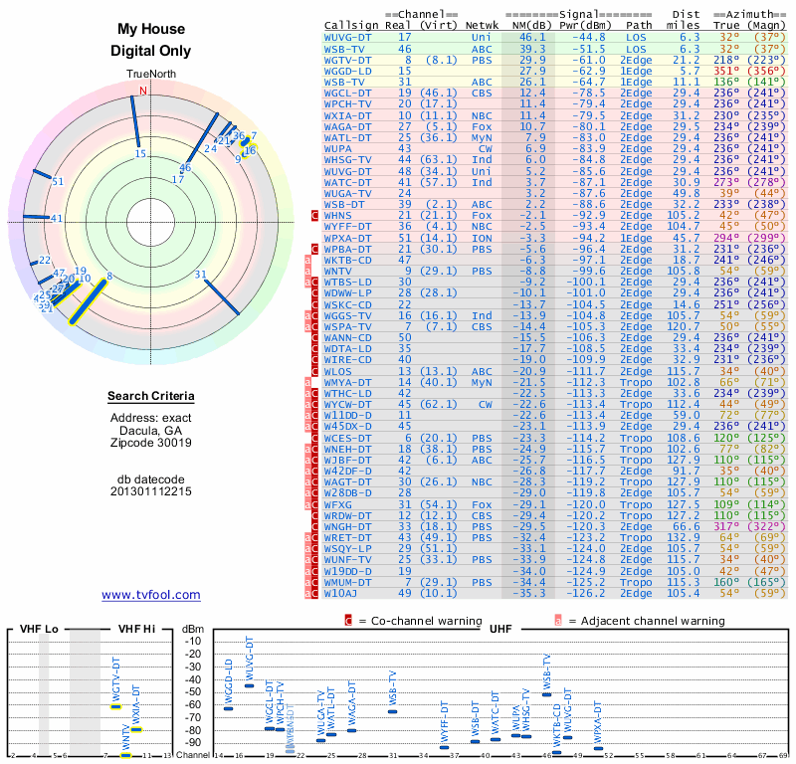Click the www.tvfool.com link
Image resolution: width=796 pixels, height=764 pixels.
150,595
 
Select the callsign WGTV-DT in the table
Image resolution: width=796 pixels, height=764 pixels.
348,60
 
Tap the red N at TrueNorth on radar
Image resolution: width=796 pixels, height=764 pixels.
144,92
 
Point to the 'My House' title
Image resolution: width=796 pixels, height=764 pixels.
150,30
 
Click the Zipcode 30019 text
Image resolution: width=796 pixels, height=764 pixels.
151,443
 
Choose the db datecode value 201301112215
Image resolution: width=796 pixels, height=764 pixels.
151,491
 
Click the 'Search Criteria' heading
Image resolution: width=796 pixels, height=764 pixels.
151,397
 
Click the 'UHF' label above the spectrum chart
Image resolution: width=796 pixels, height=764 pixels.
499,629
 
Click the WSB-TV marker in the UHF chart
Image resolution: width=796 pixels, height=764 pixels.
546,694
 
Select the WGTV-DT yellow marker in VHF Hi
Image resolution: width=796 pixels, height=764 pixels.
115,706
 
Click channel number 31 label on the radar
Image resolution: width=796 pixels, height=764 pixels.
200,275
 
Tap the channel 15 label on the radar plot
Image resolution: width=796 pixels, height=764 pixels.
140,153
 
